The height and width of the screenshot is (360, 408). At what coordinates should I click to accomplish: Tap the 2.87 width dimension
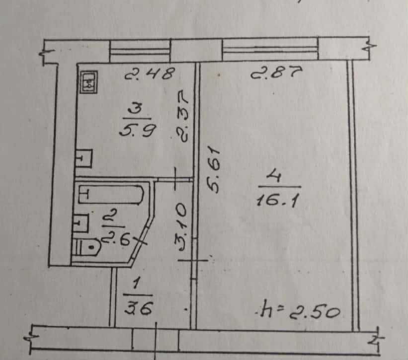(276, 72)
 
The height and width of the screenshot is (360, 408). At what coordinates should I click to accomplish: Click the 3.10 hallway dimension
(180, 227)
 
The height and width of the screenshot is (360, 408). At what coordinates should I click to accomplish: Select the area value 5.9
(138, 130)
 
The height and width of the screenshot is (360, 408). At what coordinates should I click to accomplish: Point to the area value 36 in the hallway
(138, 308)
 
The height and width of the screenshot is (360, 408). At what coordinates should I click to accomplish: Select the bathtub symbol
(111, 194)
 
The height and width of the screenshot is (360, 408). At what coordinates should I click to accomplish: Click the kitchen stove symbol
(89, 82)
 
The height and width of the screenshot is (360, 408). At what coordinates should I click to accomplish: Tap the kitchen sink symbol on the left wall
(83, 158)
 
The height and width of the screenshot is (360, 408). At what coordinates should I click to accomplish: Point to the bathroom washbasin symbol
(80, 223)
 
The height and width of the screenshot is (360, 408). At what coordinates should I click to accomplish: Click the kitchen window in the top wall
(140, 51)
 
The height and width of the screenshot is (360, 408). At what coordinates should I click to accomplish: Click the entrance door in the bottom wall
(156, 339)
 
